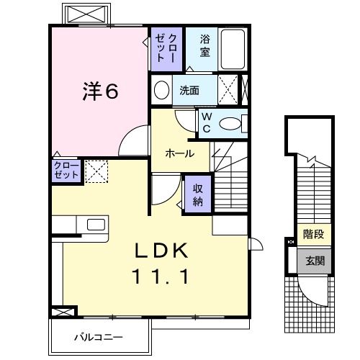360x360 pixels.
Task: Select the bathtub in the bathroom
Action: [233, 48]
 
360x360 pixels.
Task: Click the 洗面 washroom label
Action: [189, 91]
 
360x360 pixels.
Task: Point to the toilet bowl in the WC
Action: [232, 124]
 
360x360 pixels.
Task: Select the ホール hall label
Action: [179, 153]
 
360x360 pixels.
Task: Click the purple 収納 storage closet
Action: [197, 192]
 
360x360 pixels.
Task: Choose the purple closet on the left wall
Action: [66, 171]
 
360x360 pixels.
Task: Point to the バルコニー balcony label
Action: [99, 336]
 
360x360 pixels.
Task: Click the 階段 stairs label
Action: [313, 234]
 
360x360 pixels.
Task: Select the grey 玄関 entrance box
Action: [314, 261]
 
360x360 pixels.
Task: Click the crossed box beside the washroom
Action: [231, 91]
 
